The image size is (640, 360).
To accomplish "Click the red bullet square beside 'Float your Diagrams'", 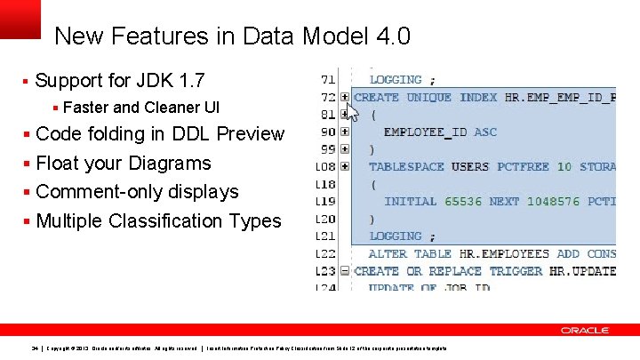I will point(28,164).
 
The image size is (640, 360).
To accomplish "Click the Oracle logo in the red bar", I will point(585,330).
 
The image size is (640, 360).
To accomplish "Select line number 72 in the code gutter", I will point(328,97).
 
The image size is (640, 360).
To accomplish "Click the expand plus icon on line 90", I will point(344,132).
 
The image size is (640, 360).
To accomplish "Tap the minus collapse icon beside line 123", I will point(344,271).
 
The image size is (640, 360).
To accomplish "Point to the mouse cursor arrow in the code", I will point(351,111).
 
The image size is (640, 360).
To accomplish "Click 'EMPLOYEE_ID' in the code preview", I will point(425,132).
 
